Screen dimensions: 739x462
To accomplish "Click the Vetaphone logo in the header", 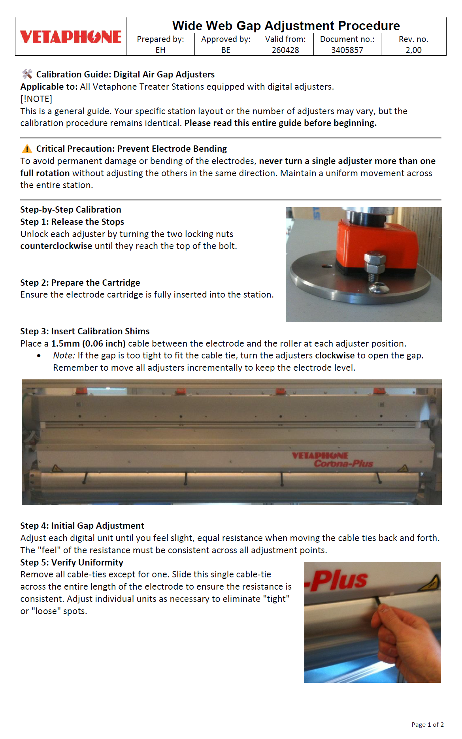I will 71,37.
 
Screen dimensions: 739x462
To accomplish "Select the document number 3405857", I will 347,50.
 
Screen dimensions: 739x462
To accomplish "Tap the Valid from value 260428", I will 285,50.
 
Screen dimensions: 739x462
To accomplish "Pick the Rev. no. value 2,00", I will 413,50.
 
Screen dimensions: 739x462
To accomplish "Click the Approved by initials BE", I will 226,50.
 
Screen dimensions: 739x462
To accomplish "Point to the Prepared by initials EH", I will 160,50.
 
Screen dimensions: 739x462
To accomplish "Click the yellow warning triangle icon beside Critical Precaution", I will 27,149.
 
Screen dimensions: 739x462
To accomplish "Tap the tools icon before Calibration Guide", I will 27,74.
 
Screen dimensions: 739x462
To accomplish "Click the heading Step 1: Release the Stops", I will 72,222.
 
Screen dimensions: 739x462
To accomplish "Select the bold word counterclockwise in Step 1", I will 56,246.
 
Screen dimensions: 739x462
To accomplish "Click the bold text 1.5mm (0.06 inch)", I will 88,343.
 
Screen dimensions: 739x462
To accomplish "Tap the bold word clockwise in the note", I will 335,355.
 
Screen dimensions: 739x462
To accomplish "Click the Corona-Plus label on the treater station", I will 343,464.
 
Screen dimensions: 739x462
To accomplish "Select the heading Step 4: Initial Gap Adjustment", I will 82,526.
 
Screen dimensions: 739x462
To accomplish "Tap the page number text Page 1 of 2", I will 427,724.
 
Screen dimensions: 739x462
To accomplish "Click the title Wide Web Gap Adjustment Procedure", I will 286,26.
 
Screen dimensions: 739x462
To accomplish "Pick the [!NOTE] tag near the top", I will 36,99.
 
